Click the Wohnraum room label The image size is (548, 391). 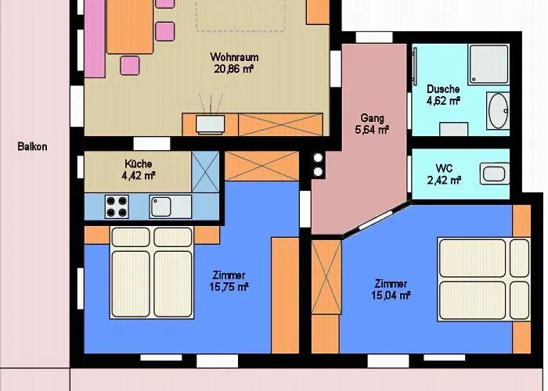tap(234, 57)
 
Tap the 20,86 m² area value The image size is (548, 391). tap(234, 69)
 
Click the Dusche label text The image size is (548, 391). tap(442, 88)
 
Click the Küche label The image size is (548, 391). tap(138, 163)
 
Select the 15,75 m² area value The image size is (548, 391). tap(230, 287)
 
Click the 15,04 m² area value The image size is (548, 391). tap(391, 295)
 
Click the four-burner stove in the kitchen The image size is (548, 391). tap(117, 206)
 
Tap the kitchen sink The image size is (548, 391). tap(161, 206)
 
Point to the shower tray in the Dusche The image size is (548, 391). tap(489, 64)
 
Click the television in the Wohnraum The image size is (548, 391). tap(211, 122)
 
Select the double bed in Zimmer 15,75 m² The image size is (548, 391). tap(152, 274)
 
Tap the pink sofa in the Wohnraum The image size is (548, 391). tap(95, 39)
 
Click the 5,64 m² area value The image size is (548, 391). tap(372, 131)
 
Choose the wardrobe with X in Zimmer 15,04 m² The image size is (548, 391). tap(326, 296)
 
